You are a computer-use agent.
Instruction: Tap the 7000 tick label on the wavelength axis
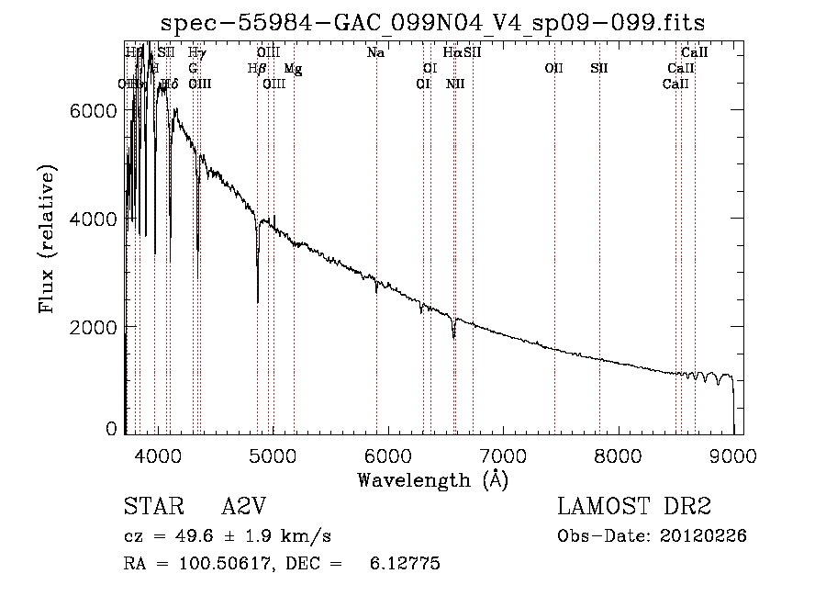coord(502,455)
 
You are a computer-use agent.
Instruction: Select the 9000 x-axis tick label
coord(732,455)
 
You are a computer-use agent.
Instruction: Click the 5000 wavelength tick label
coord(272,455)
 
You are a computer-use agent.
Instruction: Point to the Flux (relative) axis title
coord(47,240)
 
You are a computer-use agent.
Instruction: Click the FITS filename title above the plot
coord(432,22)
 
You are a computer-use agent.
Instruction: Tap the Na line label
coord(375,53)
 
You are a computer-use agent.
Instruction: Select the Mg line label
coord(293,69)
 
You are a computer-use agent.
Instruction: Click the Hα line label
coord(452,53)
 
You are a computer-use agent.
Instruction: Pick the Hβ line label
coord(257,69)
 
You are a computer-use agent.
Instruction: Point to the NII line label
coord(455,84)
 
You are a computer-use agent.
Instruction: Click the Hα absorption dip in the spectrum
coord(453,336)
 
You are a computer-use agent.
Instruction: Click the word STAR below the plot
coord(150,507)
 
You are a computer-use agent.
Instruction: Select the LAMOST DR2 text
coord(634,507)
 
